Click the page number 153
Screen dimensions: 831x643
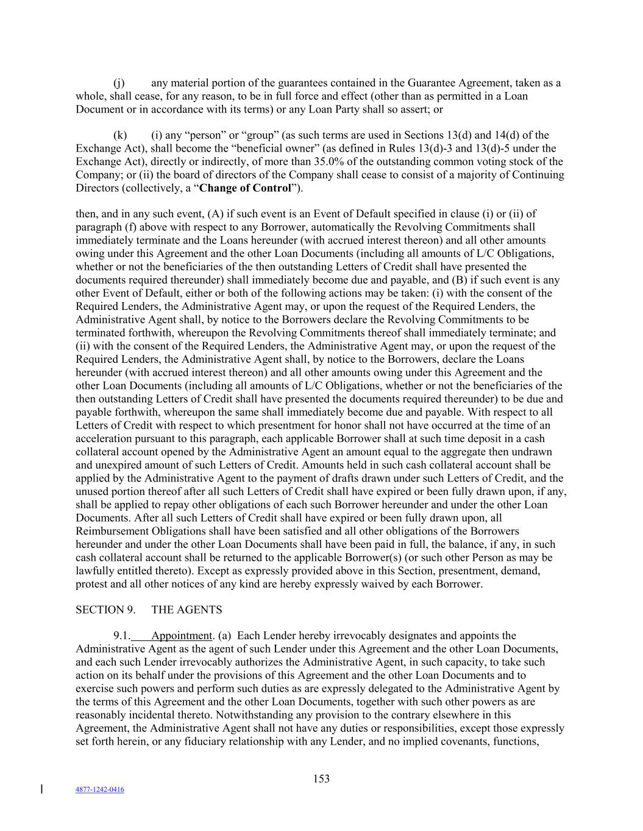click(x=321, y=779)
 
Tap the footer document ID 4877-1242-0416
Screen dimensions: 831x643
click(x=99, y=790)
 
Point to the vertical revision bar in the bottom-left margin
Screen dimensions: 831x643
click(x=41, y=790)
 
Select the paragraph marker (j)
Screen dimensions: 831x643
click(x=119, y=83)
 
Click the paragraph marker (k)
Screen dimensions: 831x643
click(x=120, y=135)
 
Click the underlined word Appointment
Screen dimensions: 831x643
click(x=181, y=636)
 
